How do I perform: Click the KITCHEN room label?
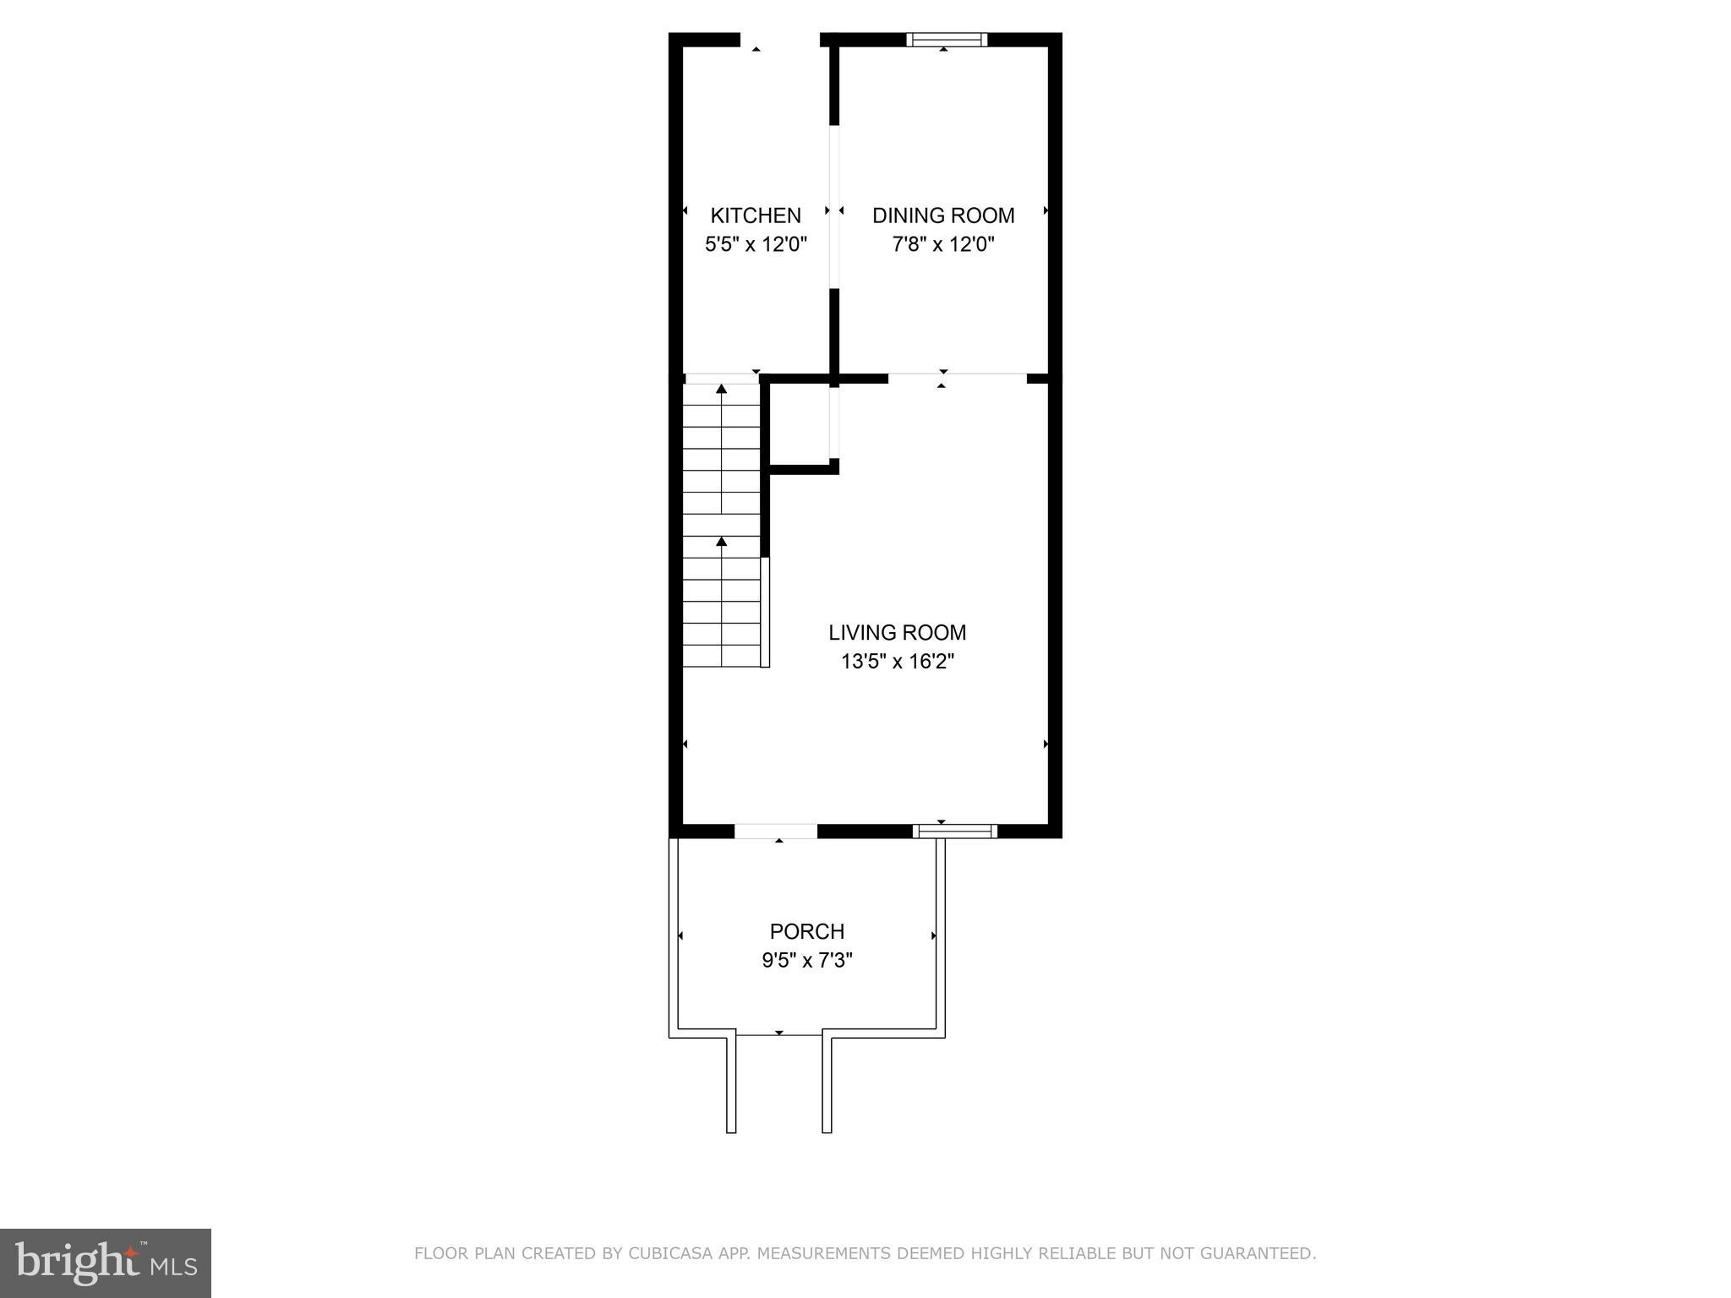(755, 215)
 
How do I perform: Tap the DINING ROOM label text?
(943, 215)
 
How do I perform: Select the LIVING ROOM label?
(897, 632)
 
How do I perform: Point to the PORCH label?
(806, 931)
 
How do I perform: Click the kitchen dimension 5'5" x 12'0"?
(756, 245)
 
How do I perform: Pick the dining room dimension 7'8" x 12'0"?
(943, 245)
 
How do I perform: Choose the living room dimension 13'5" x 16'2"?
(897, 662)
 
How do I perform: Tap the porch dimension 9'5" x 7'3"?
(806, 961)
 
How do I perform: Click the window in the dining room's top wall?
(947, 39)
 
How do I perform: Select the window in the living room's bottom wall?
(955, 832)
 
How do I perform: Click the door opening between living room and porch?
(776, 832)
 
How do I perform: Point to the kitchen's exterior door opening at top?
(780, 40)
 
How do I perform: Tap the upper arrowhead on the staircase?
(721, 390)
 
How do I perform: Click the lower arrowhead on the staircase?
(721, 541)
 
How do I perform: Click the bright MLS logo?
(105, 1263)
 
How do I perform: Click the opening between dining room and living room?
(957, 378)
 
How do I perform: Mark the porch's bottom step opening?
(778, 1033)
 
